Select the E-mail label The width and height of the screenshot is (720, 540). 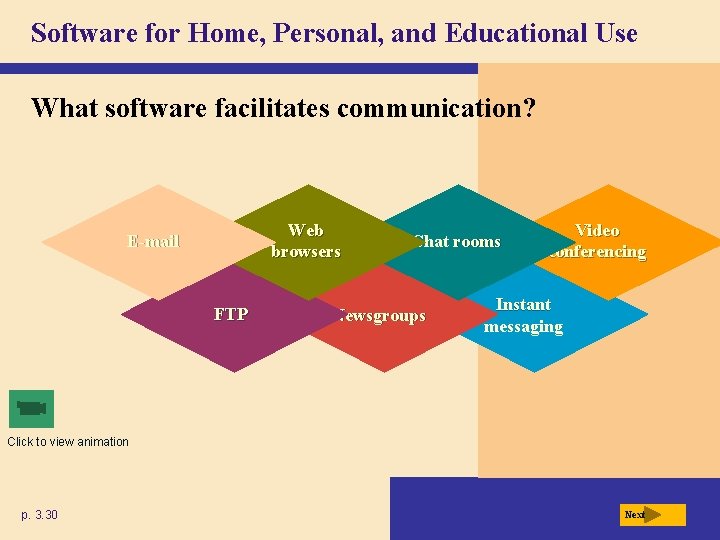click(153, 241)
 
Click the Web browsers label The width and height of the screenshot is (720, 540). click(305, 241)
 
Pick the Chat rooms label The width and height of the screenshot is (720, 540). click(457, 241)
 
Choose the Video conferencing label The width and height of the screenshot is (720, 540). click(597, 241)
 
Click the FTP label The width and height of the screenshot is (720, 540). click(231, 314)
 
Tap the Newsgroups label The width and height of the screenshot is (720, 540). click(381, 316)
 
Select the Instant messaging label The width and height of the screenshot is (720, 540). click(523, 315)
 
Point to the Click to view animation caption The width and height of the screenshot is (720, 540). click(68, 442)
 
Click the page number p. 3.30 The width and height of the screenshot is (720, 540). click(40, 515)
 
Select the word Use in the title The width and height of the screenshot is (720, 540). click(614, 34)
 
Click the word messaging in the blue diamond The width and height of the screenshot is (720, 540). click(523, 327)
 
